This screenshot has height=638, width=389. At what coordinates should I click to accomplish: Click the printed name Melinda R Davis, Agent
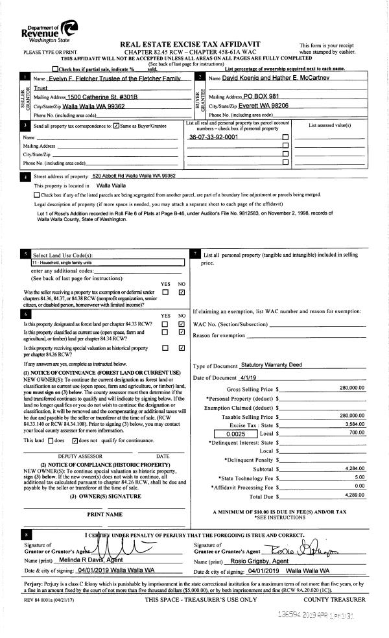(x=88, y=559)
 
